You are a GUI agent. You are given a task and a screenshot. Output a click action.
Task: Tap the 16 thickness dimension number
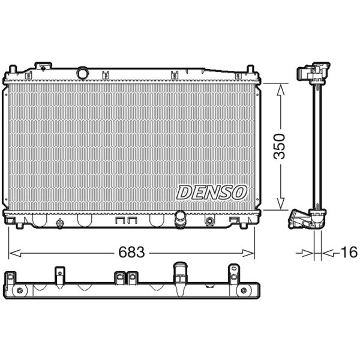point(349,252)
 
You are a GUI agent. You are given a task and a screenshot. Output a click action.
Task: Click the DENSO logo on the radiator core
point(212,192)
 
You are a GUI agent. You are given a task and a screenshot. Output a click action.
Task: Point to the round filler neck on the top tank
point(82,73)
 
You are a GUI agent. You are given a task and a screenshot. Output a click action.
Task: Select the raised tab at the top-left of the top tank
point(43,65)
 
